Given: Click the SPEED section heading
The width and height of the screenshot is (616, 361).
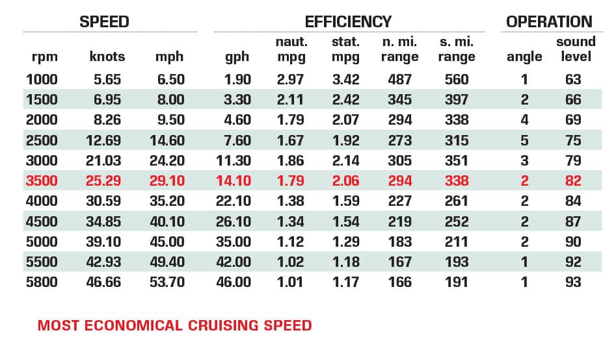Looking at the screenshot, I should coord(104,21).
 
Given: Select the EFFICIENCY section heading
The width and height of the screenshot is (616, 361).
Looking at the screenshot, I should coord(349,21).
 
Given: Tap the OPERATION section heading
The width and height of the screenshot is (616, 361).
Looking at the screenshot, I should coord(549,21).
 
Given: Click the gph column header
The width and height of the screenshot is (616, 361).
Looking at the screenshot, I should coord(237,56).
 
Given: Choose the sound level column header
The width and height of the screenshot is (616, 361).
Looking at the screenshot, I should coord(576,49).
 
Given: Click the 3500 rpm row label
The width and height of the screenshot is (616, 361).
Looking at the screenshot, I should coord(42,181).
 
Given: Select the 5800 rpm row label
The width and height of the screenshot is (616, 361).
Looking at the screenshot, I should coord(42,282).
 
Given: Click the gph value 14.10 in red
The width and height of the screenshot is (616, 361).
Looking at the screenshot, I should coord(234,181).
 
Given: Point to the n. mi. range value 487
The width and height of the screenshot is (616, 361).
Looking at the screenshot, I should coord(400,80).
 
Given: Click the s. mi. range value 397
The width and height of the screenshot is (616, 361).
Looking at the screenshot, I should coord(456,100).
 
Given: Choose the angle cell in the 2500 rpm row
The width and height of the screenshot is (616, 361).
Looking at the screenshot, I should coord(524,140).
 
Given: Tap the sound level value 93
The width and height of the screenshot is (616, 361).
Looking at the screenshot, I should coord(573,282).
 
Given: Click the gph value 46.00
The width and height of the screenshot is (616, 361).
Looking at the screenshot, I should coord(234,282).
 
